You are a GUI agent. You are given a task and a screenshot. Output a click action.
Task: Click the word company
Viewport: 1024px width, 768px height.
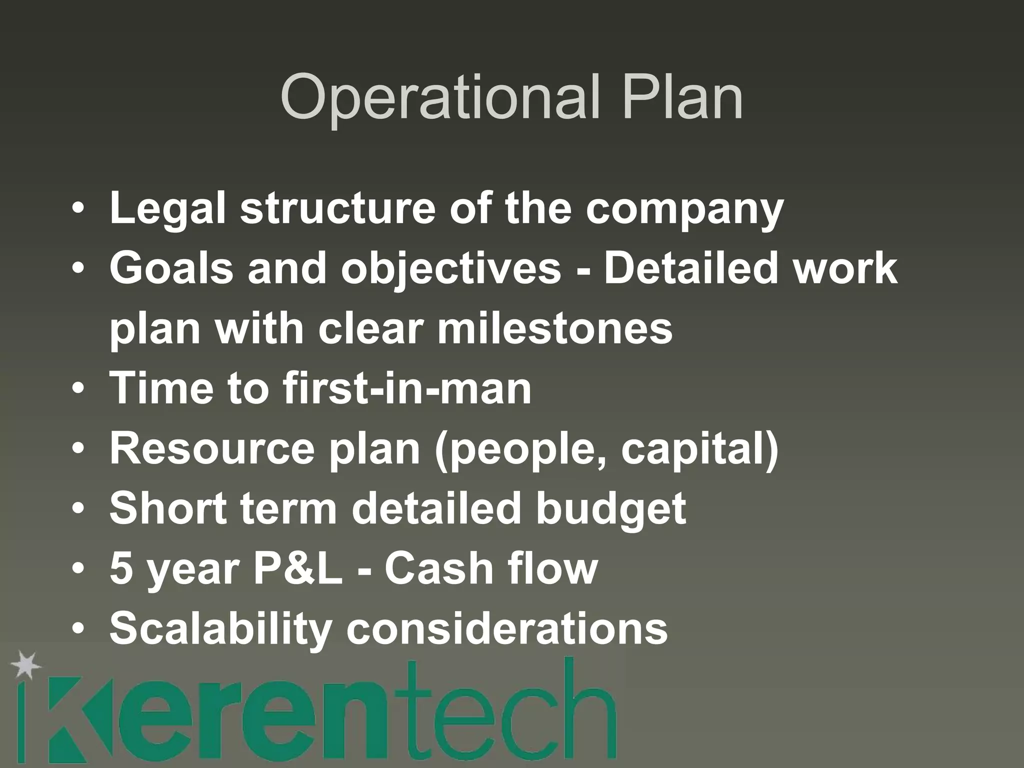[x=684, y=209]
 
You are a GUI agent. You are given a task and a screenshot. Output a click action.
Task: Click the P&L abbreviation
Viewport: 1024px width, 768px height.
[x=298, y=568]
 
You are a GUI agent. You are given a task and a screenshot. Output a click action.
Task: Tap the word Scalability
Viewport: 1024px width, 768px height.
[x=220, y=628]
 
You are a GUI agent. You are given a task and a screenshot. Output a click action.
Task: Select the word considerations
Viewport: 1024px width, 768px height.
[x=507, y=628]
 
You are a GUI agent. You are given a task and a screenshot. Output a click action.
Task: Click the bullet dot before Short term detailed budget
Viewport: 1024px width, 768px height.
[x=78, y=509]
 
